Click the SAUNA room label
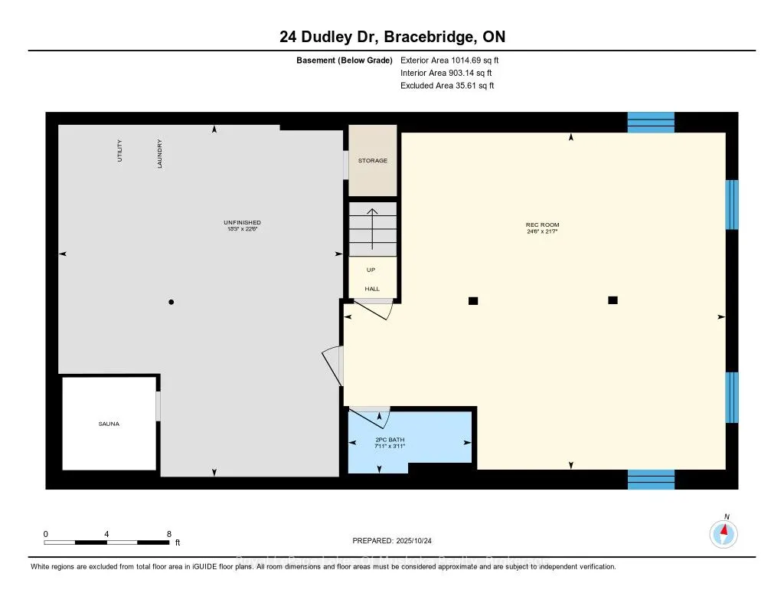(x=109, y=424)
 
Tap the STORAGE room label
(x=373, y=161)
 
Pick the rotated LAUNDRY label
(x=160, y=153)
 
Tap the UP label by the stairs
(x=371, y=270)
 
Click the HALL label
(x=371, y=289)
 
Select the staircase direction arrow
(x=373, y=228)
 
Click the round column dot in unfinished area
(x=171, y=303)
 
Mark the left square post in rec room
(x=473, y=301)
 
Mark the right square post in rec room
(x=612, y=300)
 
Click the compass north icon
(x=724, y=532)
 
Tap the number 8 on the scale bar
(x=168, y=534)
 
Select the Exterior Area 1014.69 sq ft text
(x=450, y=60)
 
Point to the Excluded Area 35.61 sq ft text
(x=447, y=86)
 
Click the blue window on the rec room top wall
(x=651, y=123)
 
